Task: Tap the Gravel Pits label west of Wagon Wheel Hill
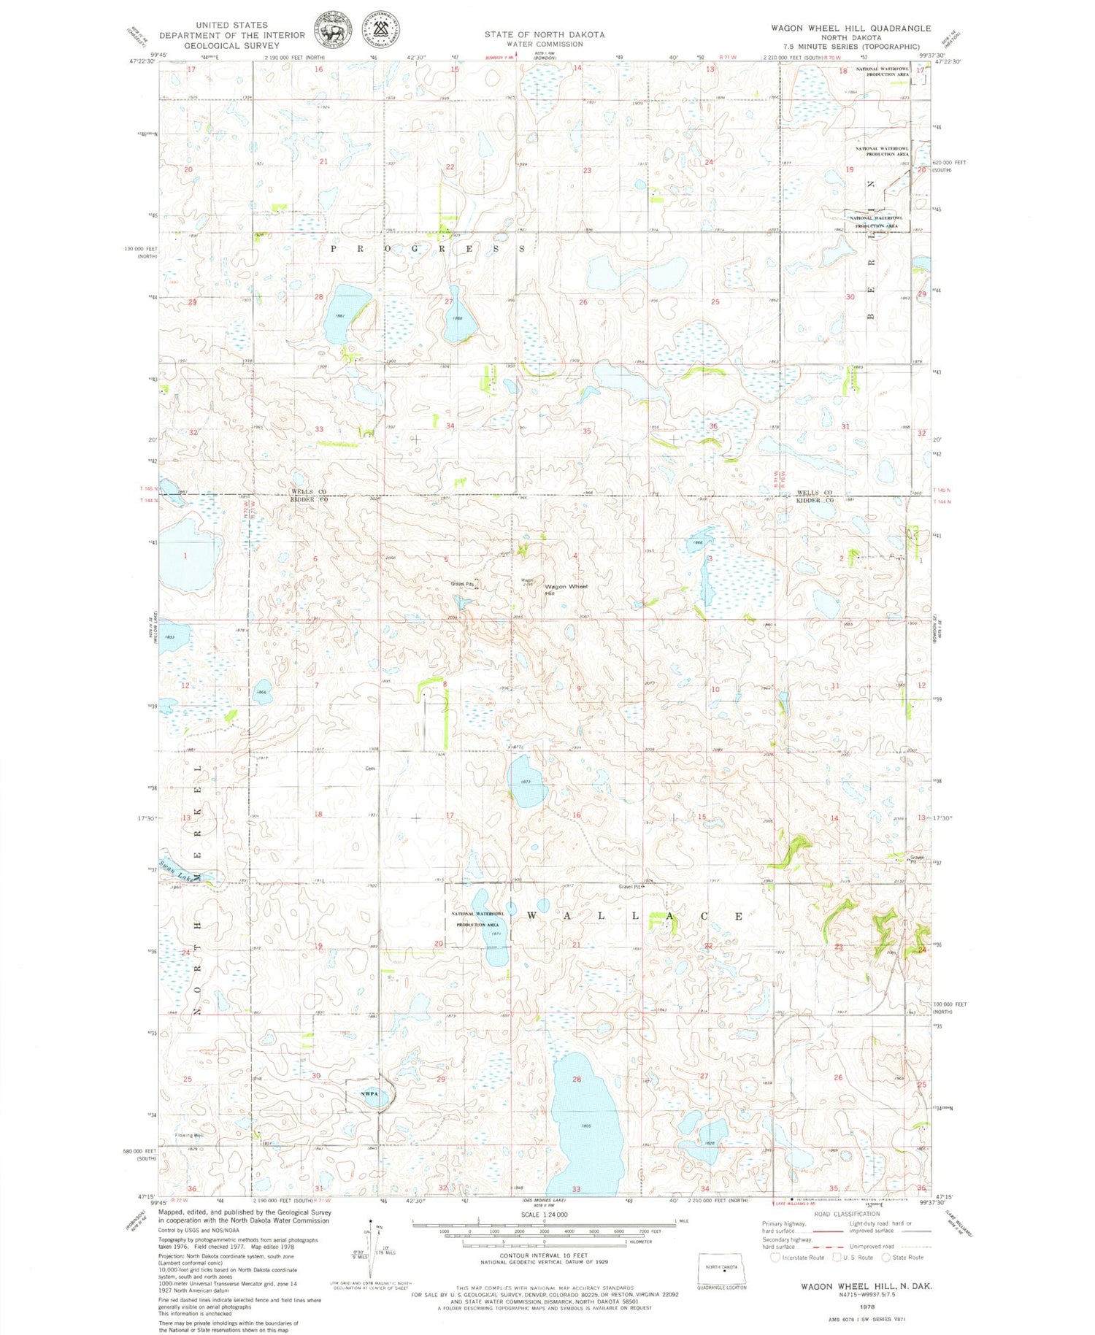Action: coord(461,583)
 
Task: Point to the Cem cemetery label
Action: coord(369,767)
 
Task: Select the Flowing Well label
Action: coord(188,1135)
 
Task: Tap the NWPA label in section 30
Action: coord(369,1093)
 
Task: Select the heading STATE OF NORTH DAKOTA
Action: coord(544,34)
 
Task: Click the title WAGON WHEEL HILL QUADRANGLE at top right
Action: coord(850,28)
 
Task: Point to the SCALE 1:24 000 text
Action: coord(544,1215)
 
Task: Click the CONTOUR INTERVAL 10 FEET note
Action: coord(544,1255)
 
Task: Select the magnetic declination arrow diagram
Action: coord(372,1247)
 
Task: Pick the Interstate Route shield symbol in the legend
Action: coord(775,1257)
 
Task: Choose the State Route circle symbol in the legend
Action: coord(886,1257)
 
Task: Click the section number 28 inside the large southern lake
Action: coord(577,1079)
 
